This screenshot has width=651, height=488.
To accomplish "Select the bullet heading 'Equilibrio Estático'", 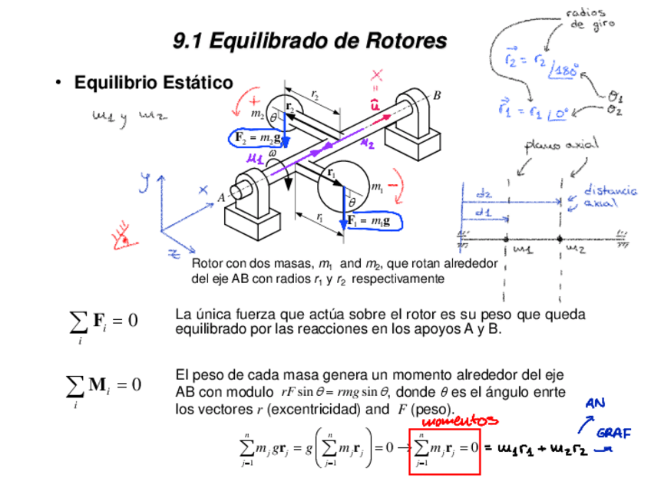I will (153, 82).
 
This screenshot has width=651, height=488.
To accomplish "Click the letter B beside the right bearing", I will (437, 96).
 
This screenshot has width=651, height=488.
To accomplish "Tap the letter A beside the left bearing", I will (221, 197).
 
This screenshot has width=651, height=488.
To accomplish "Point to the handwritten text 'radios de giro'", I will (586, 18).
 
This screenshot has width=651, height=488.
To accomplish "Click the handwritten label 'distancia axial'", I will (610, 196).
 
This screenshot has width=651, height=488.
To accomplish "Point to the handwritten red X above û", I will (377, 75).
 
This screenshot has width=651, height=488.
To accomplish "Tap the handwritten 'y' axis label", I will (144, 183).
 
